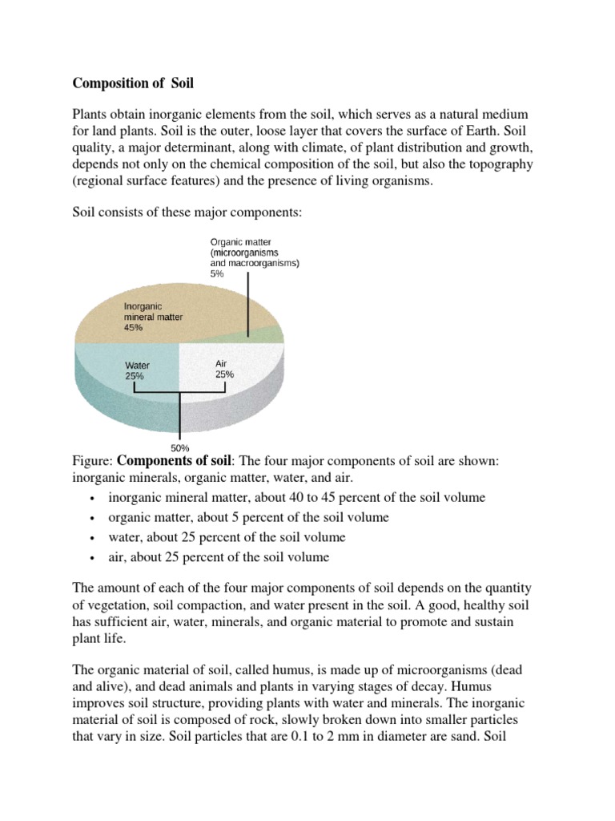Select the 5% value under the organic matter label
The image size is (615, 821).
click(218, 273)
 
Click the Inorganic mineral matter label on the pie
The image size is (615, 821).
click(153, 311)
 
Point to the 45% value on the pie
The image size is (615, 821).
click(134, 327)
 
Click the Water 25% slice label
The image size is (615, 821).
click(137, 370)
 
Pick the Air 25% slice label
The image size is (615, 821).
click(224, 369)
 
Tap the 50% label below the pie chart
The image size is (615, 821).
click(180, 447)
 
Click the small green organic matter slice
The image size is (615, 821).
click(271, 334)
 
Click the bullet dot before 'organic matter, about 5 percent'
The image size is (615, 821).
click(94, 518)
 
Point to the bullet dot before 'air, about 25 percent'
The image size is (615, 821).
click(94, 558)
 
